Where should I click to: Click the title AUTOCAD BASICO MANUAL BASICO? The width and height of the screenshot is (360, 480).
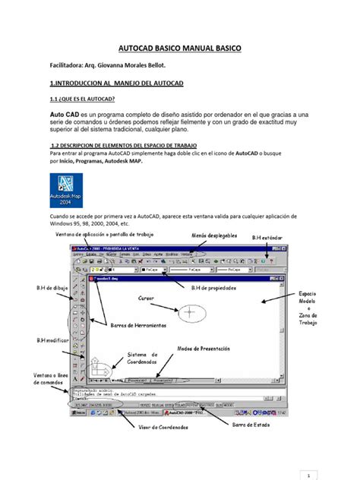point(179,49)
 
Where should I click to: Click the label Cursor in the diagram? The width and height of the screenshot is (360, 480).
point(147,298)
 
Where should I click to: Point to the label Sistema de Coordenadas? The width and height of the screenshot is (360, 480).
point(142,359)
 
